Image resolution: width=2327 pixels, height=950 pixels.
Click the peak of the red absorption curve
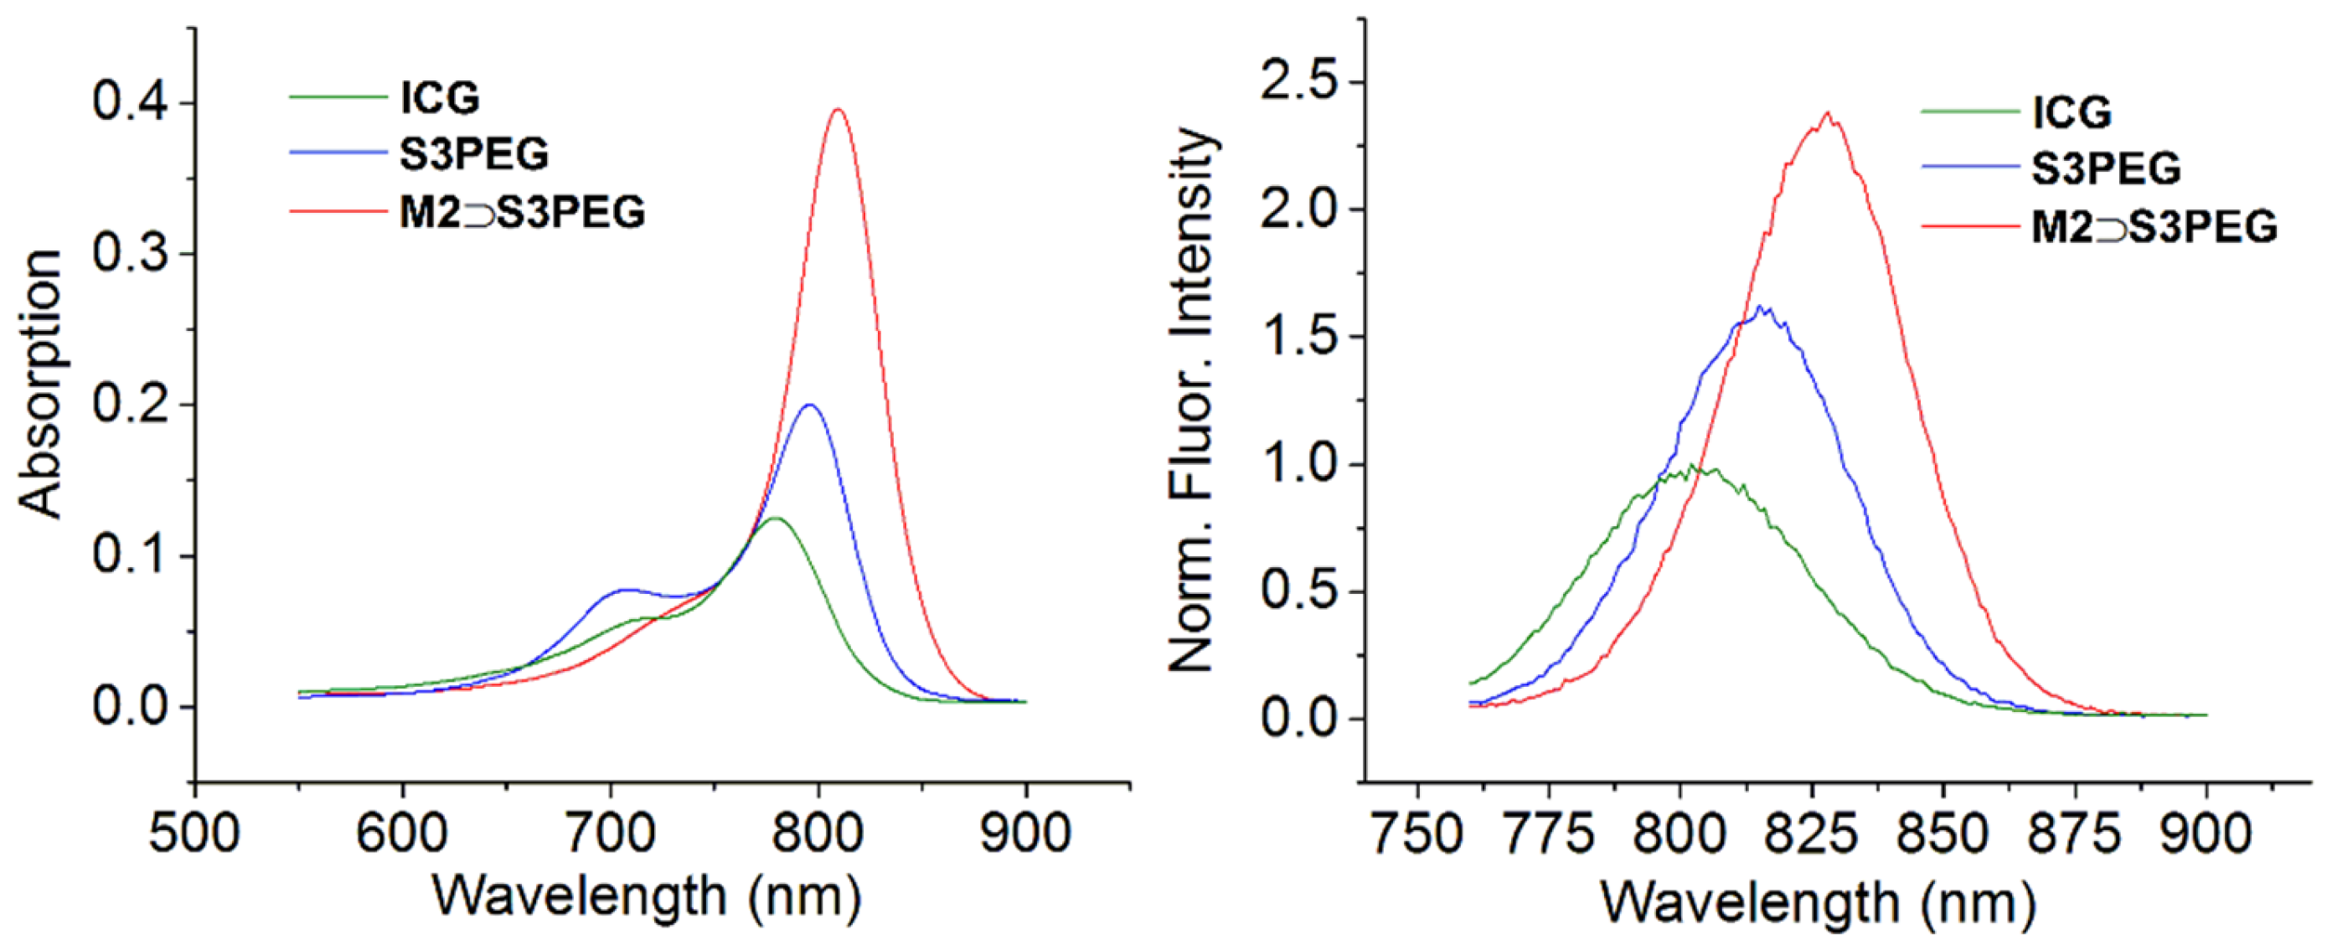(x=838, y=111)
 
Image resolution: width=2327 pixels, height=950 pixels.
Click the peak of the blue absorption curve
(x=809, y=405)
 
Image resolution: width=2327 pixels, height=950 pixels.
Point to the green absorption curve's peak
(x=775, y=519)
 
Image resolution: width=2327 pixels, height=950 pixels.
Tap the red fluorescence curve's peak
(x=1828, y=114)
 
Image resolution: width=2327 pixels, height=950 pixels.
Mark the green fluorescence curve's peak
(x=1690, y=466)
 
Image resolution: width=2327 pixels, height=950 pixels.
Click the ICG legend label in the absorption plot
(x=440, y=97)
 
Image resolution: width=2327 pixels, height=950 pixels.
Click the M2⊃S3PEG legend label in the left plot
(x=522, y=213)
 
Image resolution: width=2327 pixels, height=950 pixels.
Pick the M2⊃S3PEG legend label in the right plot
(x=2154, y=227)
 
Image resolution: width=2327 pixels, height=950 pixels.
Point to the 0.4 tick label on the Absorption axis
(x=131, y=102)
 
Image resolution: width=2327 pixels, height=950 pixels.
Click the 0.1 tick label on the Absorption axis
(x=131, y=554)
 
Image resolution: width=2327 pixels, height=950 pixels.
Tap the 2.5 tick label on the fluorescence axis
(x=1300, y=82)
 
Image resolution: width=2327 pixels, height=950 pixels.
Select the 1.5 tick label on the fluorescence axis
(x=1300, y=338)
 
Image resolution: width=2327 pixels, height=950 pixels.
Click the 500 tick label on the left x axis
(x=194, y=833)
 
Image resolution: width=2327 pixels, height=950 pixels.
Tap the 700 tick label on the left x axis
(x=611, y=833)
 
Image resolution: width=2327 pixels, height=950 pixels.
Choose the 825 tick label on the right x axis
(x=1811, y=834)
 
